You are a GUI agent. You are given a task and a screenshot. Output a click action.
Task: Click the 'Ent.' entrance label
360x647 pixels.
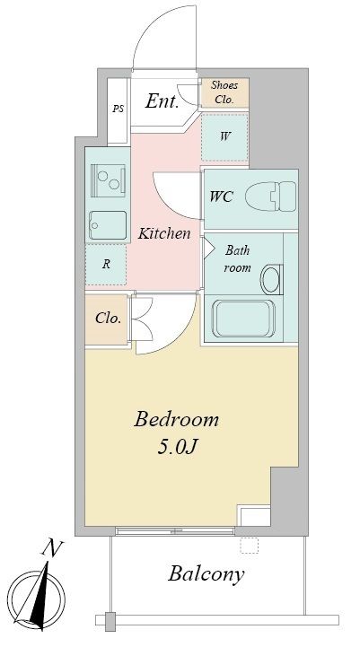pyautogui.click(x=162, y=101)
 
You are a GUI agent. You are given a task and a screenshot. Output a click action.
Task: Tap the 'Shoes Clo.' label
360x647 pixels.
pyautogui.click(x=224, y=92)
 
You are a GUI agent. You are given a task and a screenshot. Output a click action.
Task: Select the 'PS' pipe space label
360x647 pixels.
pyautogui.click(x=119, y=109)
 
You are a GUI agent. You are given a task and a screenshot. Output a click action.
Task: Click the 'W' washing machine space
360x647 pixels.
pyautogui.click(x=224, y=137)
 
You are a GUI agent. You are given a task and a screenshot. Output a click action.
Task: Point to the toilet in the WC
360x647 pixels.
pyautogui.click(x=271, y=197)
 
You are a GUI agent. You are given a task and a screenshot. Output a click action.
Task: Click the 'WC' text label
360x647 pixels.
pyautogui.click(x=221, y=197)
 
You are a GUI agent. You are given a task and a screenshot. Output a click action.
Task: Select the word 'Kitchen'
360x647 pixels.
pyautogui.click(x=164, y=233)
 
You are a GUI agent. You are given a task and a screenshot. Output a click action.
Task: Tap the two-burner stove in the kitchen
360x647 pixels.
pyautogui.click(x=108, y=180)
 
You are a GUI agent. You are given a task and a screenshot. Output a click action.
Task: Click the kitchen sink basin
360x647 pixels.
pyautogui.click(x=109, y=225)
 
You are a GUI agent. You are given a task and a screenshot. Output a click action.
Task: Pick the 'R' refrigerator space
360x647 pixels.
pyautogui.click(x=106, y=265)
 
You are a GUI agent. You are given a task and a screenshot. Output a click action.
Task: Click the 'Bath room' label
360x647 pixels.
pyautogui.click(x=237, y=258)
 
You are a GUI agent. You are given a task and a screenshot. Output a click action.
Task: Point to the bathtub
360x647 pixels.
pyautogui.click(x=243, y=319)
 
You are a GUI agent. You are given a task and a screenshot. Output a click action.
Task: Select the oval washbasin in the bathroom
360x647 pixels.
pyautogui.click(x=272, y=279)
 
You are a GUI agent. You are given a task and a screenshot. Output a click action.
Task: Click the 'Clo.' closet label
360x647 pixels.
pyautogui.click(x=108, y=319)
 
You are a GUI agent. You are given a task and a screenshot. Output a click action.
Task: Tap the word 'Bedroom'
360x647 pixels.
pyautogui.click(x=176, y=420)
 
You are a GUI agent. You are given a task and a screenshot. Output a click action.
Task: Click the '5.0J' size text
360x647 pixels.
pyautogui.click(x=176, y=447)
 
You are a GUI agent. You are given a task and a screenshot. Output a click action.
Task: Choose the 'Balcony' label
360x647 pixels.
pyautogui.click(x=206, y=575)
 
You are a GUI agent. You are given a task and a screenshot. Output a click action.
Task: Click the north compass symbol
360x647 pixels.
pyautogui.click(x=37, y=596)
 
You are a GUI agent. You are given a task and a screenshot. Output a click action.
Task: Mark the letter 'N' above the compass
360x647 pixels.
pyautogui.click(x=52, y=548)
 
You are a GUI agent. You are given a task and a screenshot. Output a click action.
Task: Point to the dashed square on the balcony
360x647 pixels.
pyautogui.click(x=249, y=545)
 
